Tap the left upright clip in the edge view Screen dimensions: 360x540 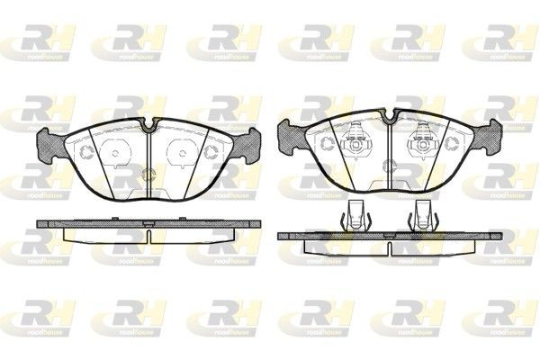pyautogui.click(x=356, y=215)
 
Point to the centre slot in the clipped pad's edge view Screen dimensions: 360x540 pyautogui.click(x=388, y=235)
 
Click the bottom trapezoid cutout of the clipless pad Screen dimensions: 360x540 pyautogui.click(x=146, y=190)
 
